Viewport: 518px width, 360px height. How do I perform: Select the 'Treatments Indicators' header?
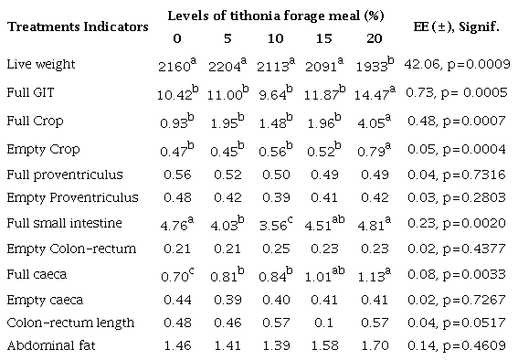point(78,26)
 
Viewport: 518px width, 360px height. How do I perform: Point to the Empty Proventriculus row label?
point(59,197)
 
